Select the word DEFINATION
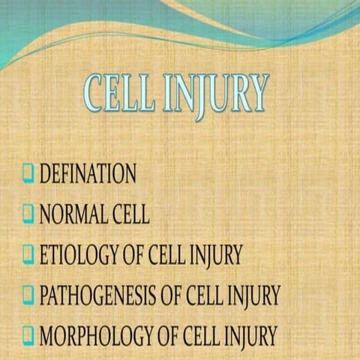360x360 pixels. click(88, 175)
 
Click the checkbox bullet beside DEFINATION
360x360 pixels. click(28, 175)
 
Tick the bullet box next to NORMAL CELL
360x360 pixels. click(28, 215)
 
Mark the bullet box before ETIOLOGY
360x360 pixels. click(28, 256)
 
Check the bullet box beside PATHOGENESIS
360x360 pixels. click(28, 295)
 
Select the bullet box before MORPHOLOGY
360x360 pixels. click(28, 334)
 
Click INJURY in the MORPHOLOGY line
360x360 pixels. click(250, 334)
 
